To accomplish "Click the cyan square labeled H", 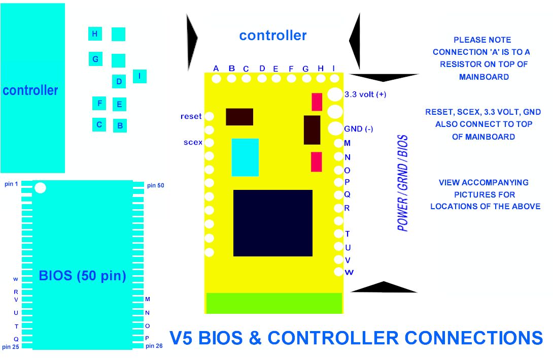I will point(95,34).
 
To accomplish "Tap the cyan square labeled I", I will point(140,77).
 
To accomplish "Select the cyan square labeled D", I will point(119,81).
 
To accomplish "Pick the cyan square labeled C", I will point(99,124).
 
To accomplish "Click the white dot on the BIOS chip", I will point(40,188).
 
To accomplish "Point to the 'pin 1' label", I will point(11,183).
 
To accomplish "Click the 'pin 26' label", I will point(154,346).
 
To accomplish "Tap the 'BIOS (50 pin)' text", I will point(82,276).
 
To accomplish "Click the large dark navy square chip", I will point(272,223).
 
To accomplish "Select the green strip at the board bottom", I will point(274,303).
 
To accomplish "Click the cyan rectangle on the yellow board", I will point(245,157).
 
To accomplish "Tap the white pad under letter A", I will point(217,79).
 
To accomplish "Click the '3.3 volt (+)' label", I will point(365,94).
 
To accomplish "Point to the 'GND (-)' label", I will point(359,129).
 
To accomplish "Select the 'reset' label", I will point(191,116).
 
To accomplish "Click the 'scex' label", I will point(193,142).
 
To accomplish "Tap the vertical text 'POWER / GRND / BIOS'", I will point(403,183).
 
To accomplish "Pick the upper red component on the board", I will point(317,102).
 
